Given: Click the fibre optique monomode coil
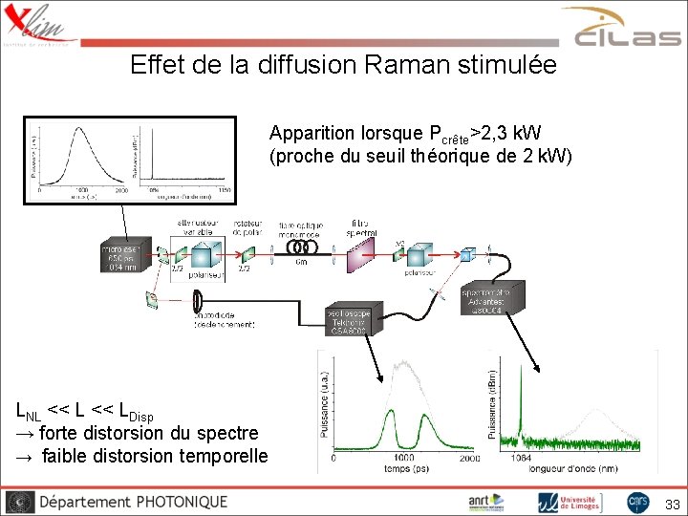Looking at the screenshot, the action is pyautogui.click(x=302, y=247).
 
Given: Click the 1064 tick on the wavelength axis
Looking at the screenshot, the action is pyautogui.click(x=521, y=458).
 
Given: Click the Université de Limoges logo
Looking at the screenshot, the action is pyautogui.click(x=570, y=502).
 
